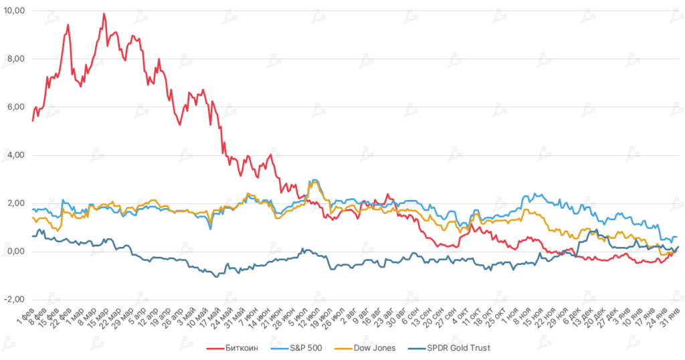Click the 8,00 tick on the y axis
click(x=16, y=59)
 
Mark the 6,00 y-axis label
click(x=16, y=107)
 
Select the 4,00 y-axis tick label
click(x=16, y=155)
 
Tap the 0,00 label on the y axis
click(x=16, y=252)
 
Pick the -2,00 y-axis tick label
click(x=15, y=300)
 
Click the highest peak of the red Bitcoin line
click(x=104, y=13)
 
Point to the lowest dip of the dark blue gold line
click(x=215, y=276)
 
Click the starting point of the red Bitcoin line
click(x=32, y=121)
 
